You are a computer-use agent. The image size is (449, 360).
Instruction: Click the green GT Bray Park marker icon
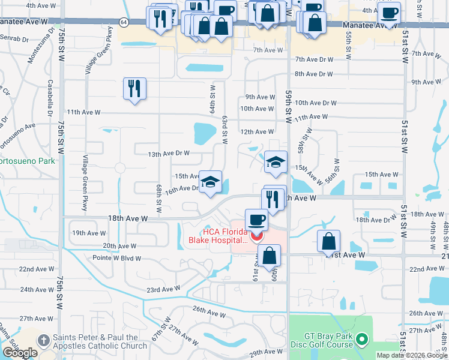(x=361, y=340)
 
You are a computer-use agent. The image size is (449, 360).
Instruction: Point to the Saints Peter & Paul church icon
(x=43, y=340)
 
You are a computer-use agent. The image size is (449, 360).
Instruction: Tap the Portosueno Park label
(x=28, y=161)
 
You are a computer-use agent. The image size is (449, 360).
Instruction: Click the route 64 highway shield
(x=124, y=22)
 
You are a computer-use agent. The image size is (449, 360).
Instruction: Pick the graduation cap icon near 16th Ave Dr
(x=211, y=182)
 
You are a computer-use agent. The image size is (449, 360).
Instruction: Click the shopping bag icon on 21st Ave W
(x=328, y=241)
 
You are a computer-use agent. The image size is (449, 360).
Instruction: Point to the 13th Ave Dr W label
(x=169, y=154)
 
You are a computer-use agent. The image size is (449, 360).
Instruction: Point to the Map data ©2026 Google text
(x=411, y=355)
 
